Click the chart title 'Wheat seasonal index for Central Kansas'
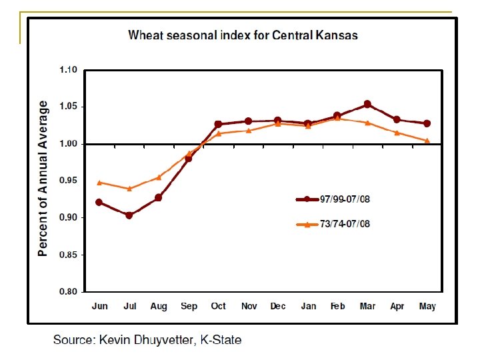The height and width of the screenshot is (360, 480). [x=243, y=35]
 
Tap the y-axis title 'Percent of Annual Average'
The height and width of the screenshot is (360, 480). [x=43, y=179]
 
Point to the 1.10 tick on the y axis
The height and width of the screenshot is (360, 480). [x=69, y=70]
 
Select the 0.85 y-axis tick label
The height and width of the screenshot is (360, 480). [x=69, y=255]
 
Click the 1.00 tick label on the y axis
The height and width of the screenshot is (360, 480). [x=69, y=144]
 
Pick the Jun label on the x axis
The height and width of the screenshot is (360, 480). [x=99, y=306]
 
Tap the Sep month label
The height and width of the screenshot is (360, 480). [x=189, y=306]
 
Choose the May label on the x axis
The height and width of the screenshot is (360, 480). [x=427, y=306]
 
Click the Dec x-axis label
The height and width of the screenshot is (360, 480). [x=277, y=306]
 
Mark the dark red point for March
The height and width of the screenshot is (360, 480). [x=367, y=105]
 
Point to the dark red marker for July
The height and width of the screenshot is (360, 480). [x=129, y=215]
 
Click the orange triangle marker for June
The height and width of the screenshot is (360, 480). [x=99, y=182]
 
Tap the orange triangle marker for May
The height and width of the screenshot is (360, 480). [x=427, y=140]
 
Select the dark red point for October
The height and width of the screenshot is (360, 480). [x=218, y=124]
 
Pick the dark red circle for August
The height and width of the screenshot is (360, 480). [x=159, y=198]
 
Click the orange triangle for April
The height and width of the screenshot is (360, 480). [x=397, y=133]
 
